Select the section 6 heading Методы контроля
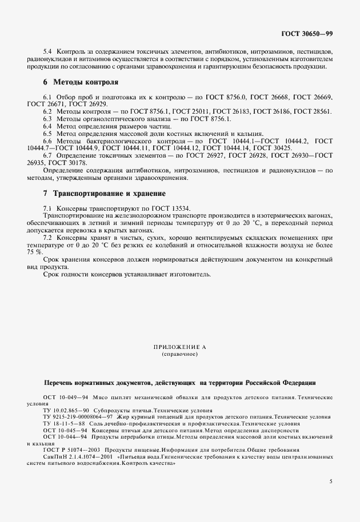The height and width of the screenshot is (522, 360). click(x=81, y=82)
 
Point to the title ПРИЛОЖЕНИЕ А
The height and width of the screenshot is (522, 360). click(x=180, y=347)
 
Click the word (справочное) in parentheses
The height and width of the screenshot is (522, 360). click(x=180, y=354)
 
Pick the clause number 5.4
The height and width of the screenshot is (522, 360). click(x=47, y=52)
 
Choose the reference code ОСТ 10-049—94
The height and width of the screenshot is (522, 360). click(x=65, y=396)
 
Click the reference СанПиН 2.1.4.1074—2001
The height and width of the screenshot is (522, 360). click(x=78, y=456)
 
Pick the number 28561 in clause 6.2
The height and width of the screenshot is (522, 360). click(x=320, y=111)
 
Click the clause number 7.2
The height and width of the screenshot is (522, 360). click(x=47, y=237)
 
